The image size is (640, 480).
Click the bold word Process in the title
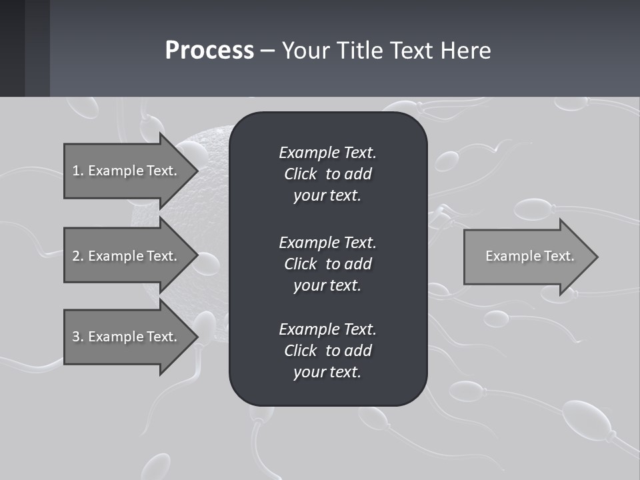[209, 51]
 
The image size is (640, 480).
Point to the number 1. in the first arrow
[78, 171]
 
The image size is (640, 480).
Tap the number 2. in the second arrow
[78, 256]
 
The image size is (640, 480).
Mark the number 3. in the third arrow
[78, 337]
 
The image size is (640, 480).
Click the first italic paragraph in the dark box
[327, 174]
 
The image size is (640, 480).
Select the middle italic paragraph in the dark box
[327, 263]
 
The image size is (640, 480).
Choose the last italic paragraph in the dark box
[327, 351]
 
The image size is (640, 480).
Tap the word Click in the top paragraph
[301, 174]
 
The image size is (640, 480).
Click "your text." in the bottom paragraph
[327, 372]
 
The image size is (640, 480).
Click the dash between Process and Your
[267, 51]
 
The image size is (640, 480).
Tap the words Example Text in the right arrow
[530, 256]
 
